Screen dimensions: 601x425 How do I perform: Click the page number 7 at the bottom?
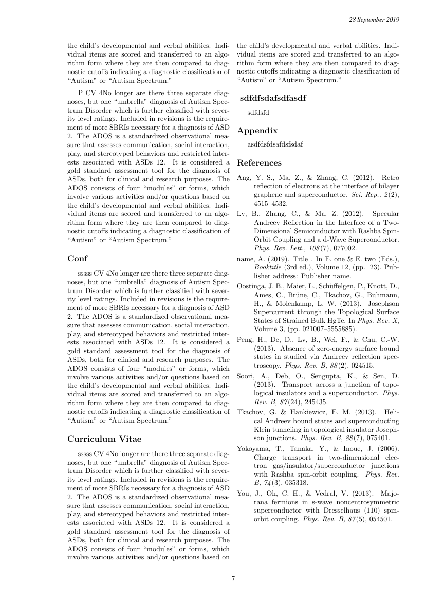pyautogui.click(x=233, y=578)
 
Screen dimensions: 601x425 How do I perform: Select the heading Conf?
pyautogui.click(x=78, y=258)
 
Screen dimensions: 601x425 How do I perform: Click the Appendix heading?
pyautogui.click(x=257, y=131)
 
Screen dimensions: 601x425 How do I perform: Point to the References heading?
pyautogui.click(x=259, y=163)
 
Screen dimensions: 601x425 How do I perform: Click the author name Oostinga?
pyautogui.click(x=251, y=286)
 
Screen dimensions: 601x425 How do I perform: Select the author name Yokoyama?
pyautogui.click(x=253, y=448)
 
